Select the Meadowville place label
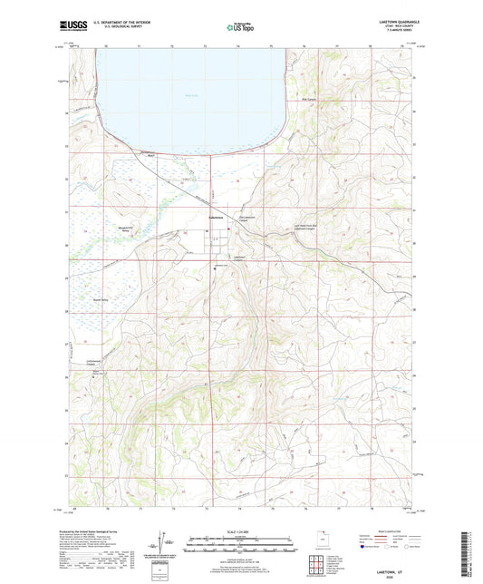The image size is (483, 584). click(106, 229)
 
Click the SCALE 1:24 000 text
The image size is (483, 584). click(240, 531)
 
